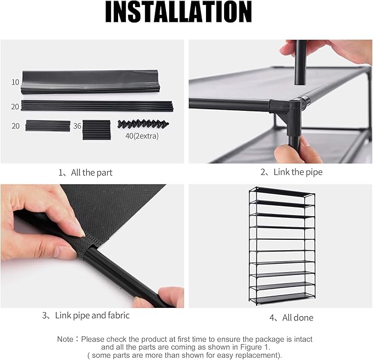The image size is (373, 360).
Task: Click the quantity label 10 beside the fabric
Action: point(15,82)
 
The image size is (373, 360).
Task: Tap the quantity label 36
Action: point(77,126)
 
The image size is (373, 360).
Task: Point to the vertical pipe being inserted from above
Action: point(300,63)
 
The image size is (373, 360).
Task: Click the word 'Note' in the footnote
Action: point(65,339)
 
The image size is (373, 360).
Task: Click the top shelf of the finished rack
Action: point(280,191)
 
